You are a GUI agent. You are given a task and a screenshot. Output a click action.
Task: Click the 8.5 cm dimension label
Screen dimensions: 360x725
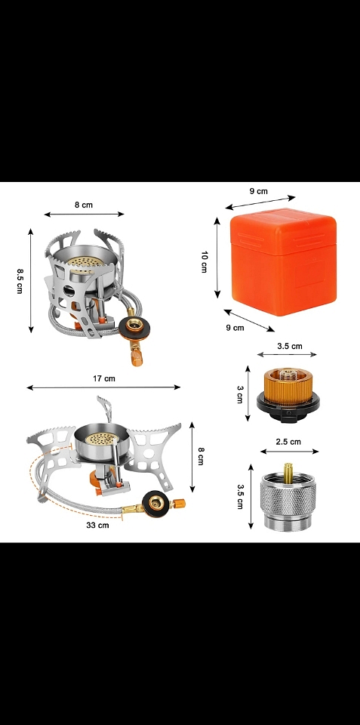20,281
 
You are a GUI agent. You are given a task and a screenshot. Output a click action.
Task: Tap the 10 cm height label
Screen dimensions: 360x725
204,262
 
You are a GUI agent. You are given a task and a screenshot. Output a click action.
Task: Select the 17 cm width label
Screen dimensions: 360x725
104,378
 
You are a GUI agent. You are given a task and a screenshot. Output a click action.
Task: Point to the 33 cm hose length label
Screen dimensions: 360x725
97,526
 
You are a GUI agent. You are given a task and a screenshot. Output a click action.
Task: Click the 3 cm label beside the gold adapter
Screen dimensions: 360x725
239,394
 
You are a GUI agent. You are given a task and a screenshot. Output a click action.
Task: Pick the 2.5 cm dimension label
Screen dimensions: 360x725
288,442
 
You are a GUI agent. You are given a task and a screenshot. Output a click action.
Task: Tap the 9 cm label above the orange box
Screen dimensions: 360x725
259,191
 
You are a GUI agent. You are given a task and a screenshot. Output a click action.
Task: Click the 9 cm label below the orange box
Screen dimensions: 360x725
235,328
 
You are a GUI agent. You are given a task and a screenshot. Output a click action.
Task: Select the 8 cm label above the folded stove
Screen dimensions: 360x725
84,205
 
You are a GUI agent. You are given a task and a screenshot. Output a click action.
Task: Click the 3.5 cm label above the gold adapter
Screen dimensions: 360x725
290,346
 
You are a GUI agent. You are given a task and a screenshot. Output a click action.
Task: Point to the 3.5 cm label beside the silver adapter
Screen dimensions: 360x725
240,497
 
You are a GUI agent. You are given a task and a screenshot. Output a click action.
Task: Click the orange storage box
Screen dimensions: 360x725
283,262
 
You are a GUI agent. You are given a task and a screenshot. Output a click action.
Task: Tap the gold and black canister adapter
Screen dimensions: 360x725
288,394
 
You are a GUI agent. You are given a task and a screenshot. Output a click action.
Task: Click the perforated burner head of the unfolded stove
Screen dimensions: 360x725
102,437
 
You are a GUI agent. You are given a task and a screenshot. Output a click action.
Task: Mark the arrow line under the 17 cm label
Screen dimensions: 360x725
103,387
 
